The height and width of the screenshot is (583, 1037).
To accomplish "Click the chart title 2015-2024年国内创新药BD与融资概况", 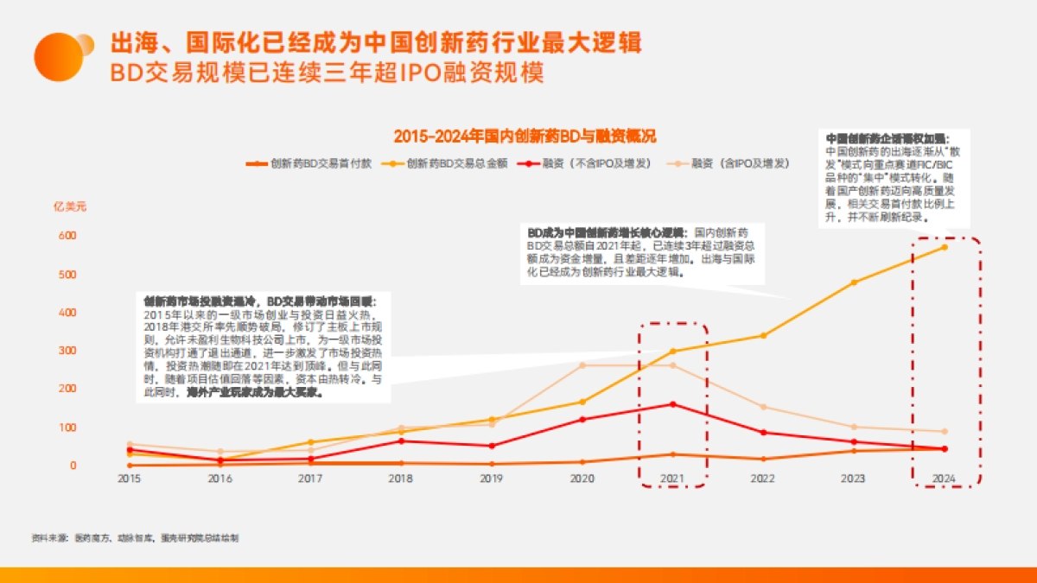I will tap(525, 136).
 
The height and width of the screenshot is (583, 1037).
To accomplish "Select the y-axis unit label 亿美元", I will tap(70, 206).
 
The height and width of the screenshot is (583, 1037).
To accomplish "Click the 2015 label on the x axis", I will tap(130, 478).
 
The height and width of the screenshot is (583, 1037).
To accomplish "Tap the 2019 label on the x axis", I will tap(491, 478).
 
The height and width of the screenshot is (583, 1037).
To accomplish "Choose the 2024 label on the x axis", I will tap(944, 478).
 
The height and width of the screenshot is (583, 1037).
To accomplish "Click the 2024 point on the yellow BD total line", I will tap(944, 247).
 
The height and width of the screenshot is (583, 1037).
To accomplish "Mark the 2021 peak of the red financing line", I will tap(672, 404).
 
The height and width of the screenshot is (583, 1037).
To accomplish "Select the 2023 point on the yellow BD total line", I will tap(854, 282).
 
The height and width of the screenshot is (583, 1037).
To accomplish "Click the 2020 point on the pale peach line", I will tap(582, 365).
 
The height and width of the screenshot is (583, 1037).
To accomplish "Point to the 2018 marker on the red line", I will tap(400, 440).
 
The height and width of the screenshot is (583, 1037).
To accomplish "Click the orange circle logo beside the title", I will tap(59, 56).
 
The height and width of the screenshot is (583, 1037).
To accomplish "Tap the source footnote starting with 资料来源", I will tap(135, 537).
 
